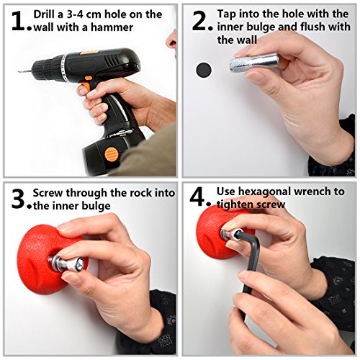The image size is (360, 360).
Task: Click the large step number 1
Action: point(18,21)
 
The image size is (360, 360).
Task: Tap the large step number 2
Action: point(199,21)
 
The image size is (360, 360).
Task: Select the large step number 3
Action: point(18,199)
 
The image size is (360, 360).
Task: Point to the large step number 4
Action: point(197,197)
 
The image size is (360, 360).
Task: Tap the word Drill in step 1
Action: point(45,14)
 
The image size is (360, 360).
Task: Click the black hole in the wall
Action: point(204,70)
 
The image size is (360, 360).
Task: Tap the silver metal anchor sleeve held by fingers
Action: point(254,63)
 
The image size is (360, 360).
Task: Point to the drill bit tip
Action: point(19,71)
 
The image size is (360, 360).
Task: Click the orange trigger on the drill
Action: point(86,84)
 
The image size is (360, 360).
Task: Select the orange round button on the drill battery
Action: point(112,154)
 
